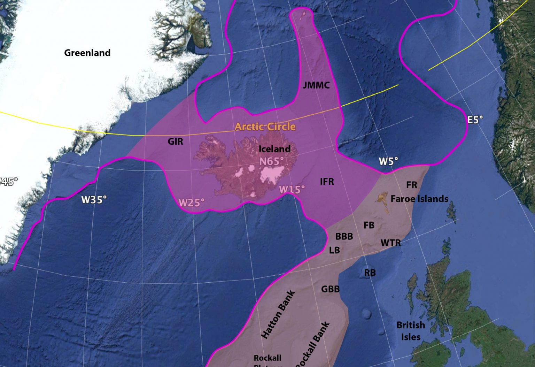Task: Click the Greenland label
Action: click(87, 53)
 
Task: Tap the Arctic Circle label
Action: click(265, 127)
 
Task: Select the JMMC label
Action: click(316, 85)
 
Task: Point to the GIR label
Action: click(175, 142)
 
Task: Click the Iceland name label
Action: click(274, 149)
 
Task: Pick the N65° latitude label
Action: click(272, 161)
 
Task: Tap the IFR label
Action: click(327, 182)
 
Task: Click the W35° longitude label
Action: click(94, 200)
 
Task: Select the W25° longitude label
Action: click(191, 202)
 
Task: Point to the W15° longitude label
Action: click(292, 190)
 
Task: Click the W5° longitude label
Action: click(388, 161)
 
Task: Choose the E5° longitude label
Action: click(475, 120)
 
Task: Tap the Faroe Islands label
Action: click(419, 199)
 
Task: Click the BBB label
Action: click(344, 237)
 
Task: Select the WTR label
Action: click(391, 243)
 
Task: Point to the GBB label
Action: click(330, 289)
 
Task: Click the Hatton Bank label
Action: click(278, 314)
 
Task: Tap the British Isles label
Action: click(411, 331)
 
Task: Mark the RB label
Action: click(370, 273)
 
